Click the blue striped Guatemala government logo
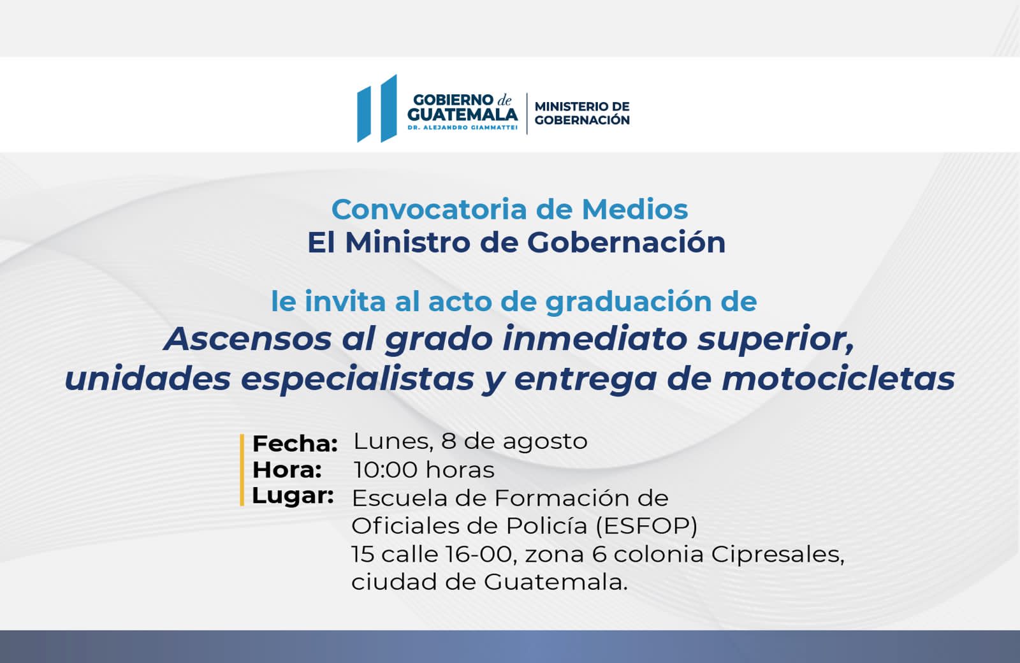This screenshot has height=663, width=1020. [377, 108]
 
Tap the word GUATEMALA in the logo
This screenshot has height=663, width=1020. [463, 114]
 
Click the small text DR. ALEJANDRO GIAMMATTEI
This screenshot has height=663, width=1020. [463, 128]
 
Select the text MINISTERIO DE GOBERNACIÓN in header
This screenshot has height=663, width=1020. [582, 113]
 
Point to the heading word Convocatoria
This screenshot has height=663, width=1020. [430, 210]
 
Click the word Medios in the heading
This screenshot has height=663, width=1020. [635, 210]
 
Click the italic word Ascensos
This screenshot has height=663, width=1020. [247, 339]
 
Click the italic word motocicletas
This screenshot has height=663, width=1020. [838, 379]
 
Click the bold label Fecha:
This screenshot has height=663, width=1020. [295, 444]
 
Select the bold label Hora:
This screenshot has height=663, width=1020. [288, 470]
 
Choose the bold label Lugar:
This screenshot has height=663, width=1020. [293, 497]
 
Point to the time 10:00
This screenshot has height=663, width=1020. [385, 470]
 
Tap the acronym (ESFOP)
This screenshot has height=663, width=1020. [646, 527]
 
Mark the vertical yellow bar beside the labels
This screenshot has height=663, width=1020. [242, 470]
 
